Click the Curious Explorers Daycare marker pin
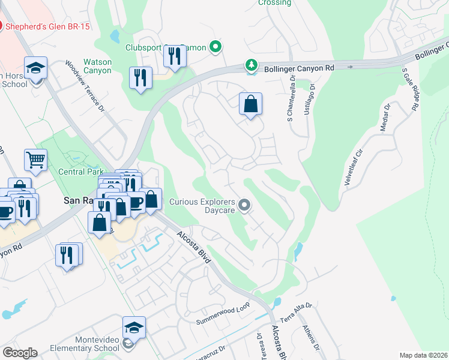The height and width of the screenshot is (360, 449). pyautogui.click(x=244, y=206)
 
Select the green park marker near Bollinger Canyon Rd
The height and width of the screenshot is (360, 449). pyautogui.click(x=252, y=64)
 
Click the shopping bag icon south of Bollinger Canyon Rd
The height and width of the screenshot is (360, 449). pyautogui.click(x=250, y=104)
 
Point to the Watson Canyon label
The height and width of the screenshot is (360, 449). pyautogui.click(x=97, y=66)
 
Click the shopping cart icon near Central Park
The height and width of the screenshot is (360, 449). pyautogui.click(x=35, y=161)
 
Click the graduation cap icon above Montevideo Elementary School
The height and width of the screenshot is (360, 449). pyautogui.click(x=134, y=328)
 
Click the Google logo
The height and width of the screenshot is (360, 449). pyautogui.click(x=20, y=352)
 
